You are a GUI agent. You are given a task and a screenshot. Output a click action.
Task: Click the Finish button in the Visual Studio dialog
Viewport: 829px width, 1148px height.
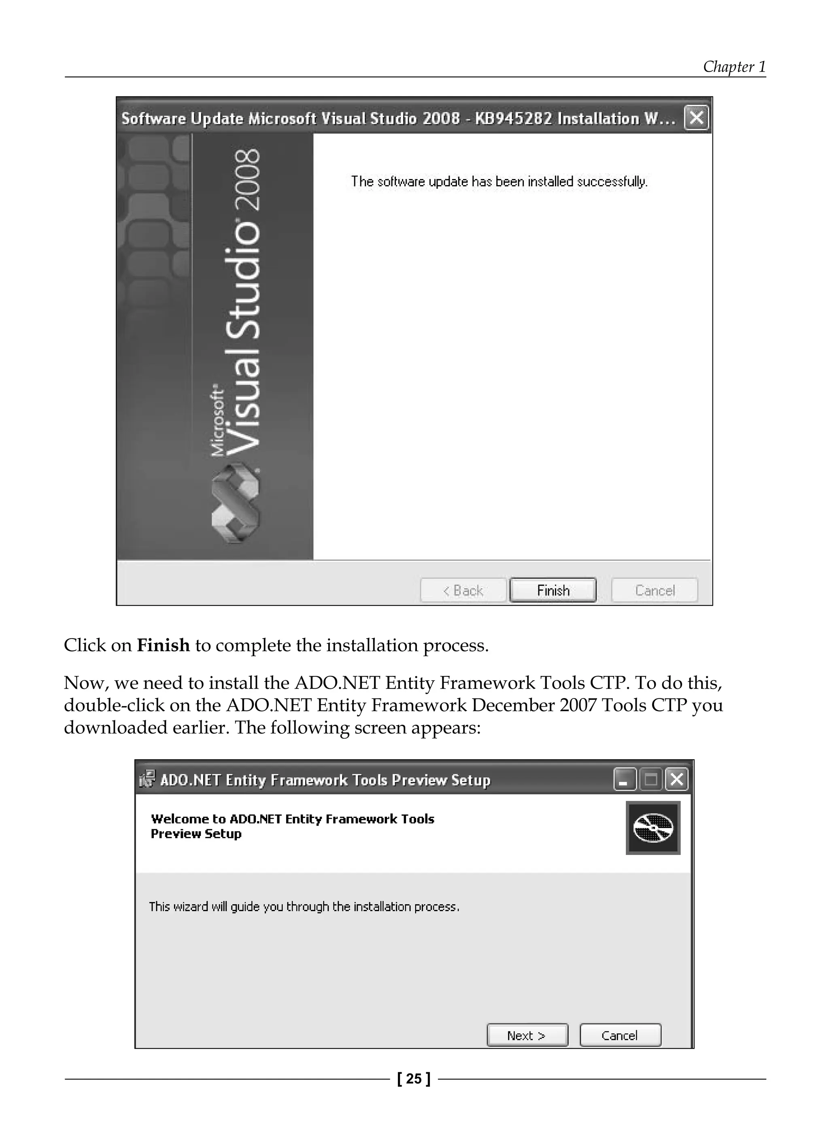pyautogui.click(x=553, y=590)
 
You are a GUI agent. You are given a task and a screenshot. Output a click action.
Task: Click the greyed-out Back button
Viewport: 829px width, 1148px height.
pyautogui.click(x=463, y=590)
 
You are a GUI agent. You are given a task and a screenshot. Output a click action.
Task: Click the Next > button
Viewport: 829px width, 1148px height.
pyautogui.click(x=527, y=1035)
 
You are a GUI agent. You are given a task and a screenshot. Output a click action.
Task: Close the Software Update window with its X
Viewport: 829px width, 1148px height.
pyautogui.click(x=696, y=118)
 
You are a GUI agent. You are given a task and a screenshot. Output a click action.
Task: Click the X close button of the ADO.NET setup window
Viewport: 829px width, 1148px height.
pyautogui.click(x=677, y=780)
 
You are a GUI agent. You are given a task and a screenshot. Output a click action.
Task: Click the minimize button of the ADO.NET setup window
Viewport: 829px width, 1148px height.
pyautogui.click(x=625, y=780)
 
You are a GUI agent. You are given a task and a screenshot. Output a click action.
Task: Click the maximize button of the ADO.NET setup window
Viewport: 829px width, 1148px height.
pyautogui.click(x=651, y=780)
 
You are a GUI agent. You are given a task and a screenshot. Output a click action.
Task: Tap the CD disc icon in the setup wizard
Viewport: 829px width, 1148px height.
pyautogui.click(x=653, y=828)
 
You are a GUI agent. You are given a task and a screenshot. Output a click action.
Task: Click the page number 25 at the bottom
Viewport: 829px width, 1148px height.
pyautogui.click(x=414, y=1079)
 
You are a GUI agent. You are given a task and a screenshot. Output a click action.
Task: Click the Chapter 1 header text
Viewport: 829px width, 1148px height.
pyautogui.click(x=734, y=67)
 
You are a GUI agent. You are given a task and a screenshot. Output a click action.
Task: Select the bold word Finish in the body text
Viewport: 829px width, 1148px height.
pyautogui.click(x=164, y=645)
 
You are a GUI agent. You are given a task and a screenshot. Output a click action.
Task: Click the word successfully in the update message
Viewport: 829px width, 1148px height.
pyautogui.click(x=611, y=182)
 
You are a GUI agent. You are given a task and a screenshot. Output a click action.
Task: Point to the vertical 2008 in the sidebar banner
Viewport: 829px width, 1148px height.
pyautogui.click(x=249, y=180)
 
